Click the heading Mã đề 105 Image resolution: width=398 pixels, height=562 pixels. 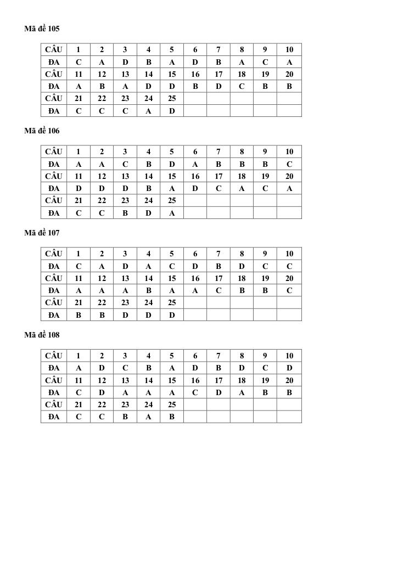click(x=42, y=29)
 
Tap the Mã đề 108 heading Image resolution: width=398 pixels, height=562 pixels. click(x=42, y=335)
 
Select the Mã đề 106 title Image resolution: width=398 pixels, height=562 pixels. click(x=42, y=131)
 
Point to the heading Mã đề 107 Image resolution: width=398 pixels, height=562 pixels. click(x=42, y=233)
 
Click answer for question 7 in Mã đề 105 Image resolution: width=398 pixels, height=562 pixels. click(x=218, y=62)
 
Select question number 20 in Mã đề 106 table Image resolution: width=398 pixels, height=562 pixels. click(x=289, y=176)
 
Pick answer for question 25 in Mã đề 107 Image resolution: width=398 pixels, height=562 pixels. click(x=172, y=315)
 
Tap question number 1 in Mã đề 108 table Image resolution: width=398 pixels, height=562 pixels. click(x=79, y=356)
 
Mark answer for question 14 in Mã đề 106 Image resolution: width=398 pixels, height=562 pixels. click(x=148, y=188)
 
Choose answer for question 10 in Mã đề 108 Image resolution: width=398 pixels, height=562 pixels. click(x=289, y=368)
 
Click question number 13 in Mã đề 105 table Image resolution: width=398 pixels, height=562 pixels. click(x=125, y=74)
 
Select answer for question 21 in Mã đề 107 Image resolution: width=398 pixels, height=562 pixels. click(x=79, y=315)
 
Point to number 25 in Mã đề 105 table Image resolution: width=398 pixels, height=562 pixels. click(x=172, y=98)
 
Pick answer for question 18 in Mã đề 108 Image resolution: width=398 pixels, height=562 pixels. click(x=242, y=392)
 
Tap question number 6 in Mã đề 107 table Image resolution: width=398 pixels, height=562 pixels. click(x=195, y=254)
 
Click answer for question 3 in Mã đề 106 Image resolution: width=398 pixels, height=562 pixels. click(x=125, y=164)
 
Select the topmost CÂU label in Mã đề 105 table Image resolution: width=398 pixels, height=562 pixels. click(x=54, y=49)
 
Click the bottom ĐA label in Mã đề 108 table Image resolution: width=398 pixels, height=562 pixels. click(x=54, y=417)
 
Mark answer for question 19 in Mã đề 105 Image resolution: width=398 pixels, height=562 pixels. click(x=265, y=86)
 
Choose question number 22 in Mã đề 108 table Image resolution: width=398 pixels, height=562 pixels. click(x=102, y=404)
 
